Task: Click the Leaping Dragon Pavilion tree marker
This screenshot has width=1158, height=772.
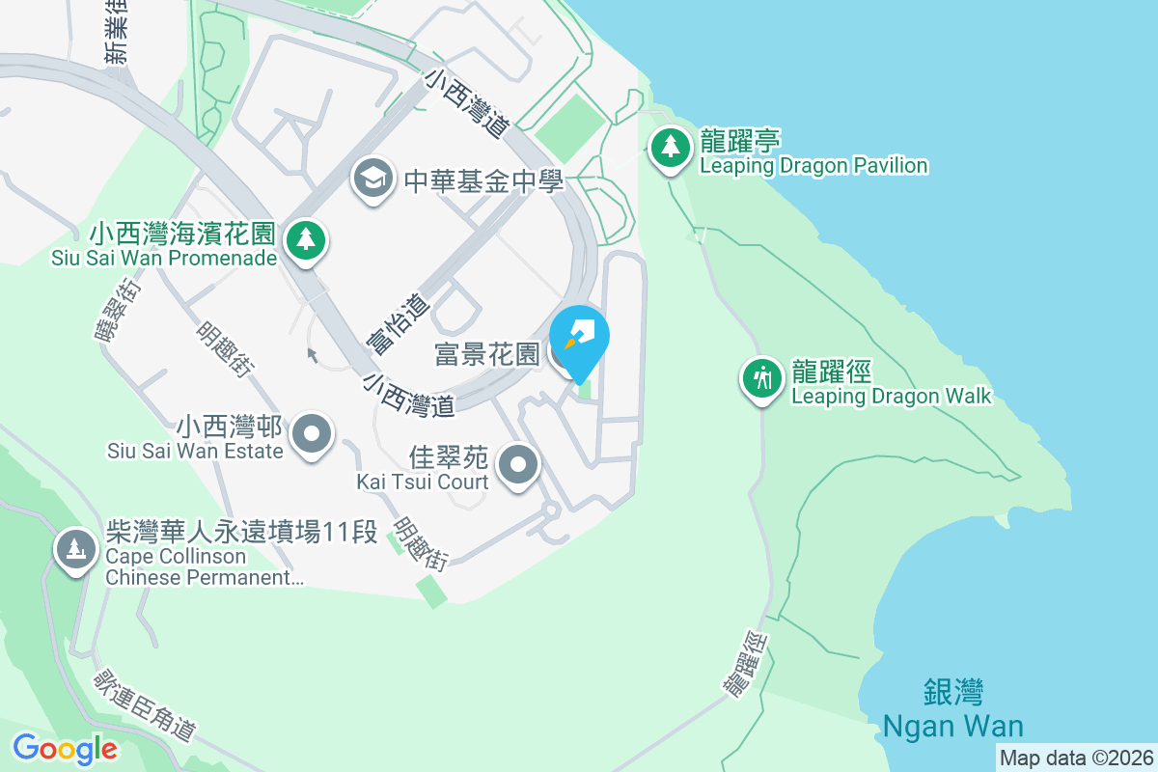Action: click(x=669, y=148)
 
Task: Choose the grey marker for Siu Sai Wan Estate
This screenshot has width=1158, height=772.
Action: click(x=312, y=434)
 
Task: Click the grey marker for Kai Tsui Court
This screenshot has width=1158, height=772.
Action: click(x=519, y=466)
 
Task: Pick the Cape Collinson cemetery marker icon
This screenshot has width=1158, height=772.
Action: click(x=75, y=550)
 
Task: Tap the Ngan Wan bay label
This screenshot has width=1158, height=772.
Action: click(x=953, y=708)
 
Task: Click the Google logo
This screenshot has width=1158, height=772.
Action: click(x=65, y=748)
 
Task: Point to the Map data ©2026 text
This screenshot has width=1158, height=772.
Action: click(x=1075, y=758)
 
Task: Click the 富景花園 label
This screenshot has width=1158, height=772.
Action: click(x=486, y=354)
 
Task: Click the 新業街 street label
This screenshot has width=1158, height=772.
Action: click(x=117, y=40)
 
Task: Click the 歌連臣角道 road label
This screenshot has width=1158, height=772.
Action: click(x=144, y=706)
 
